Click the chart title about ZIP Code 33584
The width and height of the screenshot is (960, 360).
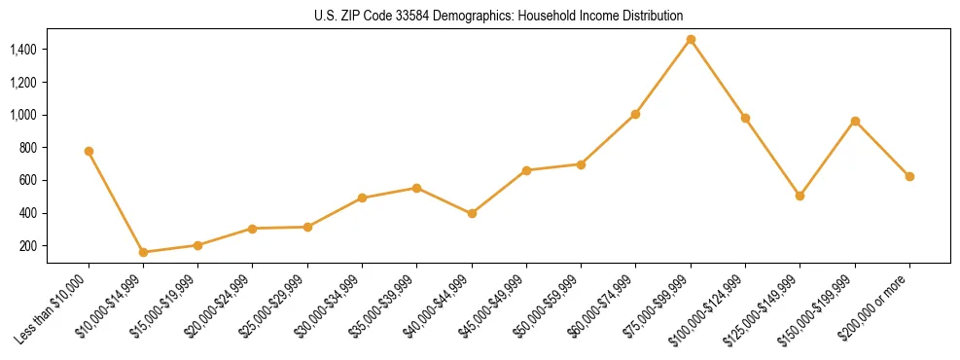click(498, 16)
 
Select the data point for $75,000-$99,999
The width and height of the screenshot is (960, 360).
click(691, 39)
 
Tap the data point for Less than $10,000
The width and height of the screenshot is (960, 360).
click(89, 151)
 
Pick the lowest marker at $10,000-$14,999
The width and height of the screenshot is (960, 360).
click(143, 252)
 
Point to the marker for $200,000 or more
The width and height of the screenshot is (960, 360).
click(909, 176)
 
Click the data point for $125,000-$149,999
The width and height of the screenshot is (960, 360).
click(800, 196)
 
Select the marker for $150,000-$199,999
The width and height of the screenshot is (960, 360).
click(855, 121)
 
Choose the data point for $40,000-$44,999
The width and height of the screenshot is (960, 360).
click(472, 213)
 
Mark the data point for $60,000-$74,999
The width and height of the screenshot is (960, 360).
click(635, 114)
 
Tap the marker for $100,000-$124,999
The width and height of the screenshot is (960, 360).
click(745, 118)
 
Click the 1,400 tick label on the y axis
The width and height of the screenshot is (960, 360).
click(24, 50)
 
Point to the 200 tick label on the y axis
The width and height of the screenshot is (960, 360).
click(29, 246)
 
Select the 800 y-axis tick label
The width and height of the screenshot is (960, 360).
click(29, 148)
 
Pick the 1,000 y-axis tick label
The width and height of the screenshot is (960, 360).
click(24, 115)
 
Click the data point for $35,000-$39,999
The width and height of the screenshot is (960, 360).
click(416, 188)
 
